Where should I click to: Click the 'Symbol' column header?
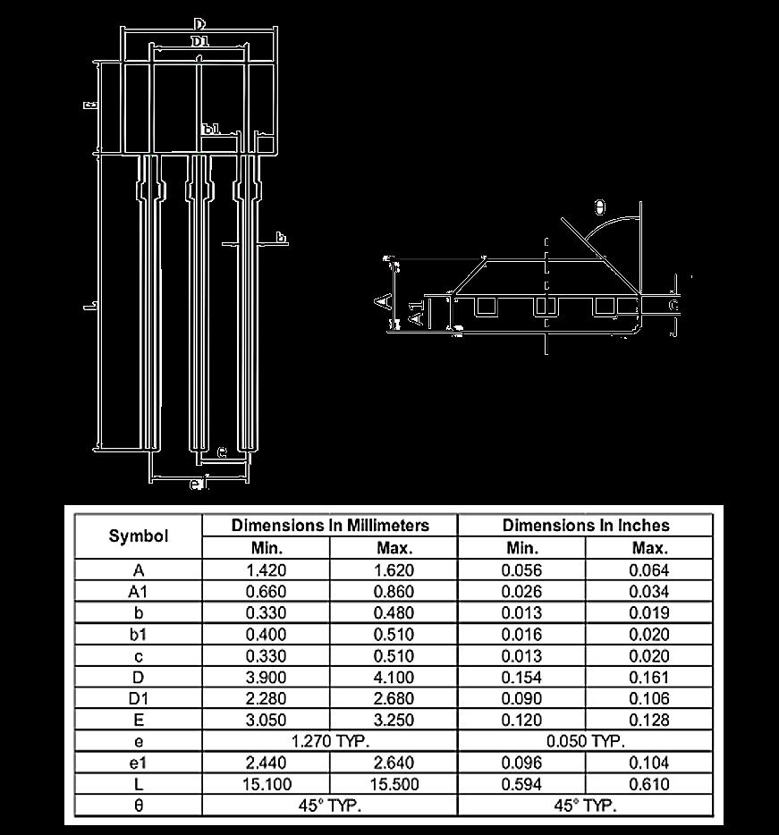tap(138, 536)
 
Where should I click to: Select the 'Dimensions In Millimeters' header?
tap(330, 526)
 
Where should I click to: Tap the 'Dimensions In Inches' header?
tap(585, 526)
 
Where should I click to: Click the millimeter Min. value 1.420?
tap(266, 570)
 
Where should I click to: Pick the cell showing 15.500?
tap(394, 784)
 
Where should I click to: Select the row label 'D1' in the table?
tap(138, 698)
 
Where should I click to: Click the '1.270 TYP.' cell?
tap(330, 741)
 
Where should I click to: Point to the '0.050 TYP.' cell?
tap(585, 741)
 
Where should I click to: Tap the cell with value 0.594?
tap(521, 784)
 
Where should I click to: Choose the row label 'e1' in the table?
tap(138, 763)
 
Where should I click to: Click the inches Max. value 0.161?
tap(648, 677)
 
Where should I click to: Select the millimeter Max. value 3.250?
tap(394, 720)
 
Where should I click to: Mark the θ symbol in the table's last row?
tap(138, 805)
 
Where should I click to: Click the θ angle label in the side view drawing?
tap(599, 208)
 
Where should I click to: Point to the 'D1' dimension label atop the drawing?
tap(199, 42)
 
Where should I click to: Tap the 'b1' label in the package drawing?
tap(211, 130)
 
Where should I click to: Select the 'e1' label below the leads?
tap(199, 485)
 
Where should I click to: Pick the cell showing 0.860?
tap(394, 592)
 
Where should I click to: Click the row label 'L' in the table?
tap(138, 784)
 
